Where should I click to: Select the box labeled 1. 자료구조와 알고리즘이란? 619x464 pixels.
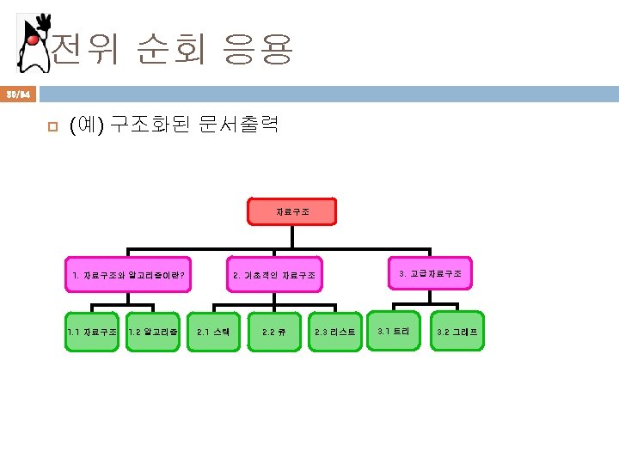pos(128,275)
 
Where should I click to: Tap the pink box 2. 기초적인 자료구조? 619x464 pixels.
pos(274,275)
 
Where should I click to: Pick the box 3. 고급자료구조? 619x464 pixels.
pos(430,273)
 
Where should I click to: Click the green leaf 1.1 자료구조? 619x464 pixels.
pos(91,331)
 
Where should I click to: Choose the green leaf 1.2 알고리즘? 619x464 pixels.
pos(152,331)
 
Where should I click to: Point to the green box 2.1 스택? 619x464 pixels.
pos(213,331)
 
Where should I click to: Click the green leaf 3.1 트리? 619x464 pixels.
pos(394,330)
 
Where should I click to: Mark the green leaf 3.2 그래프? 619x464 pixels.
pos(457,331)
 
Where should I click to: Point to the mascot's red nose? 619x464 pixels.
pos(32,40)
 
